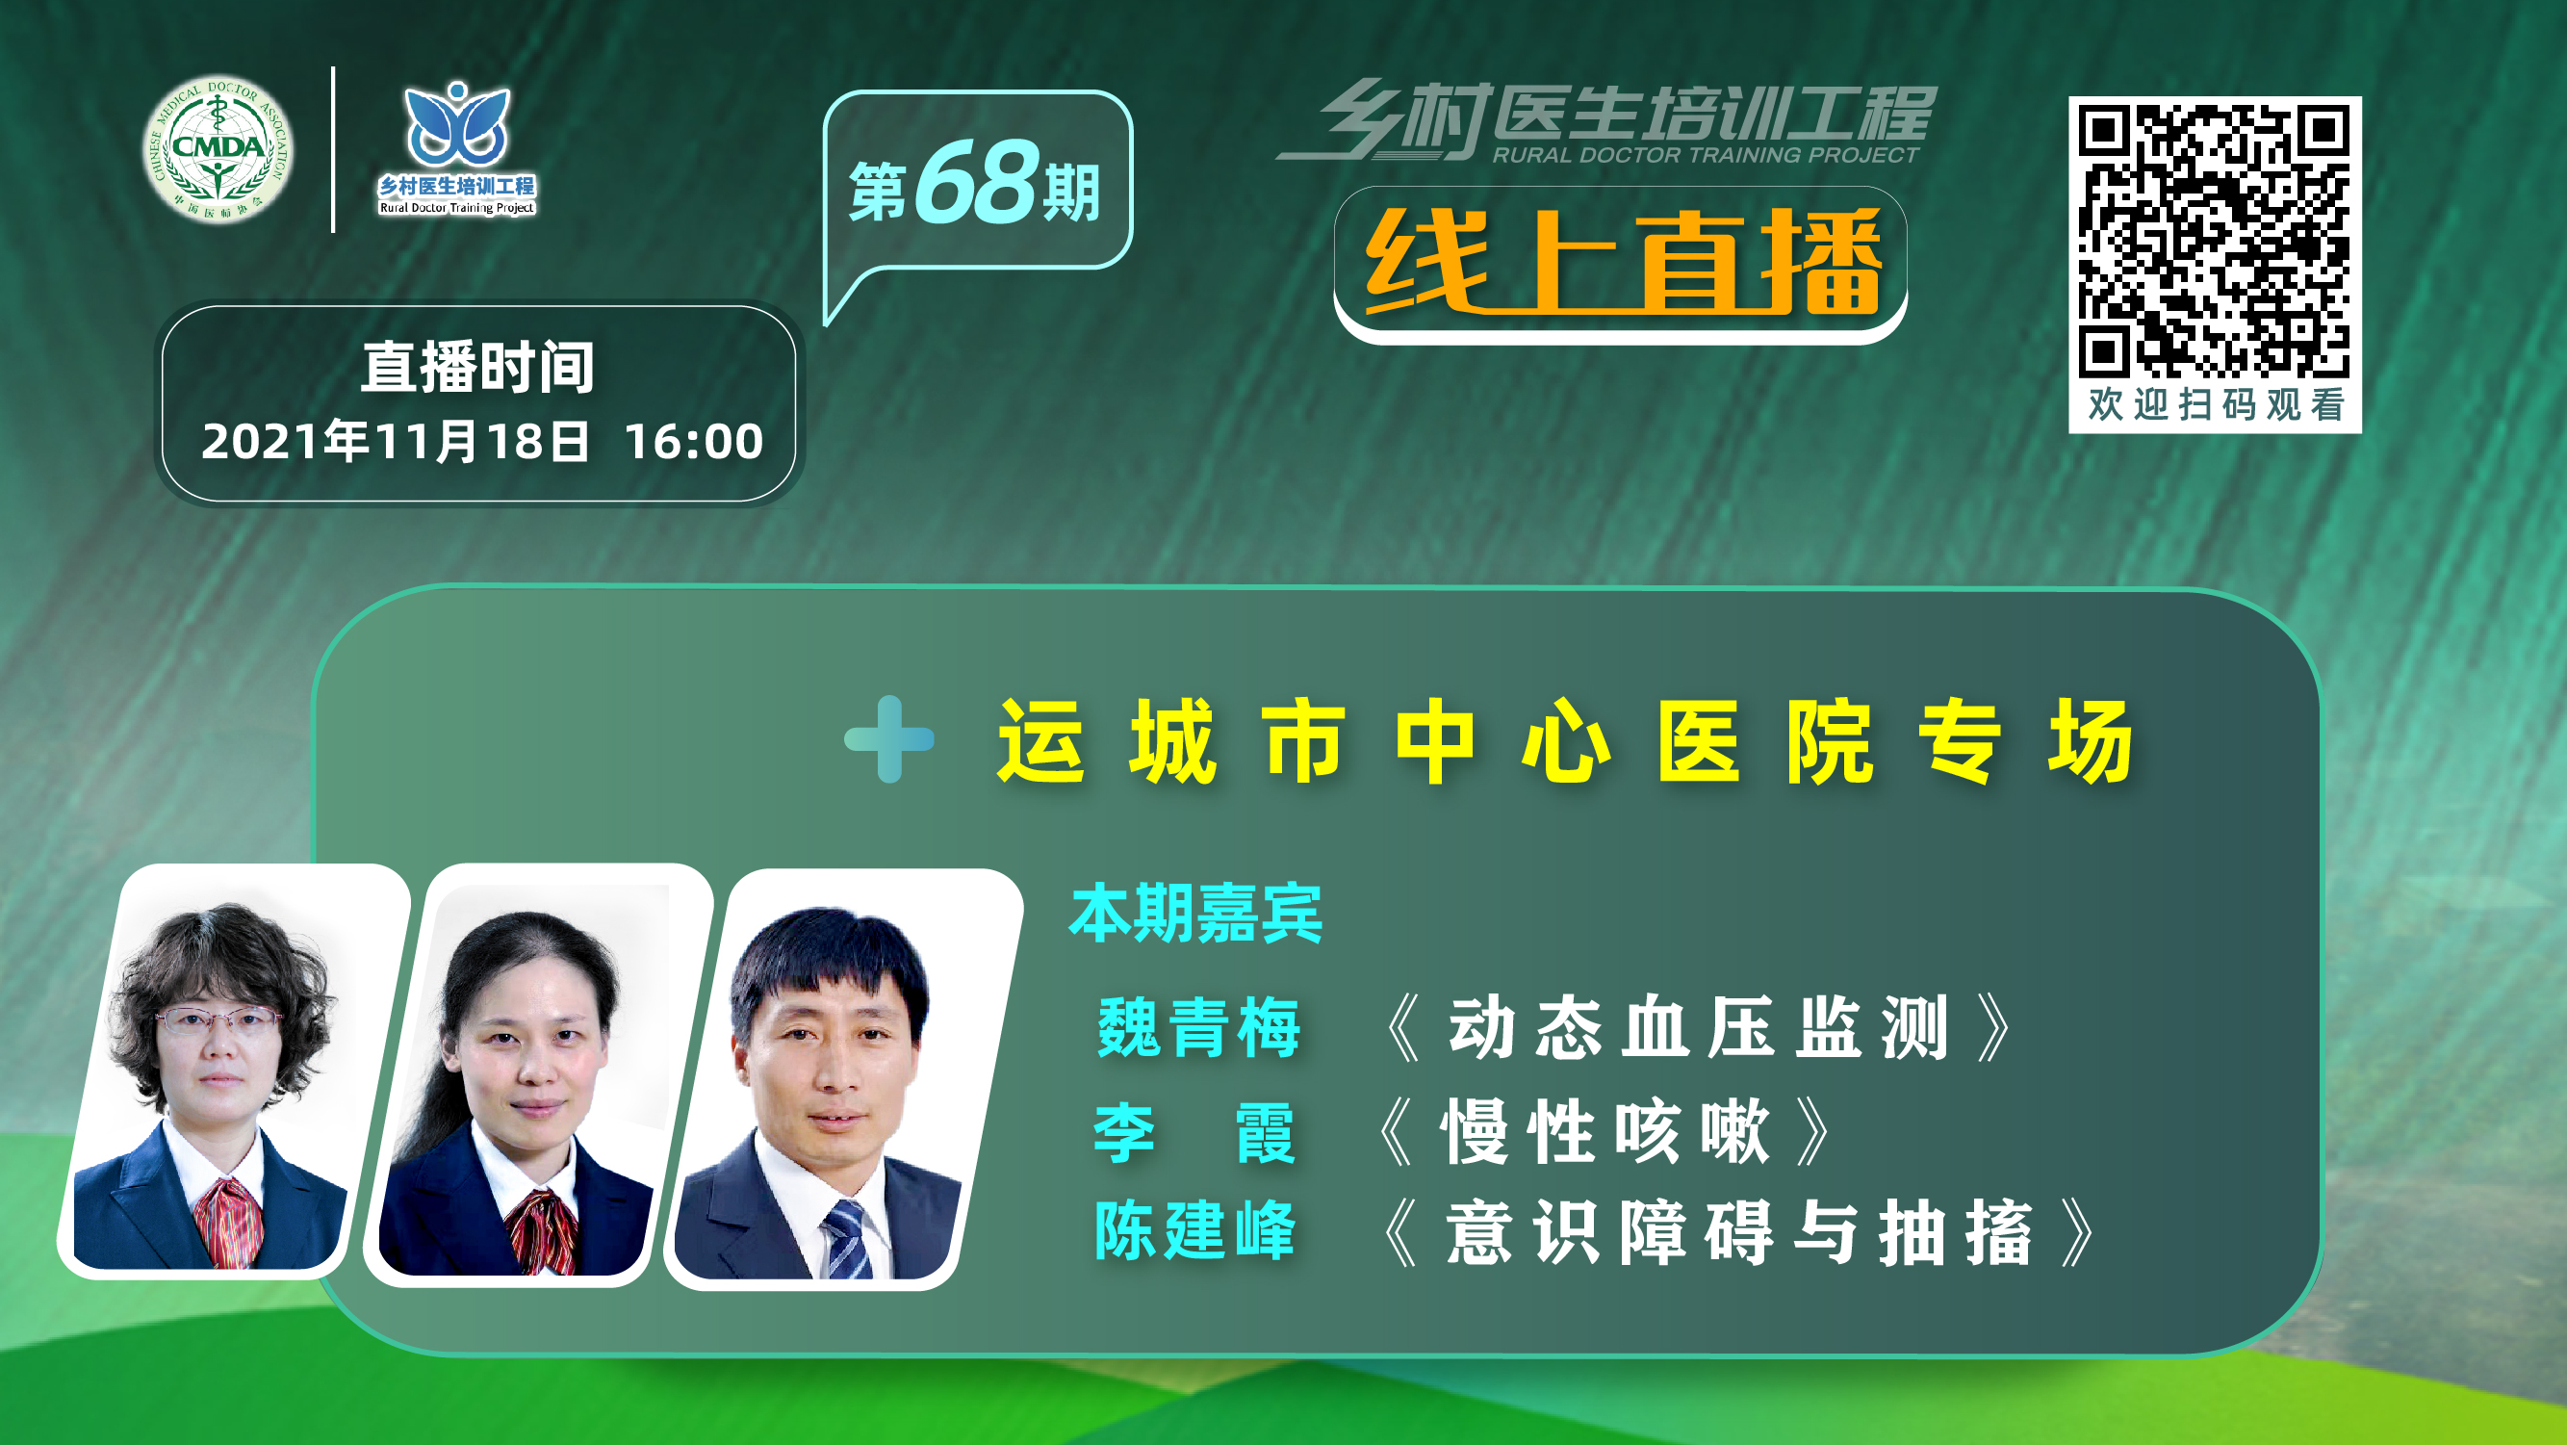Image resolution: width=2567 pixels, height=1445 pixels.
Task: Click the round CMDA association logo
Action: [218, 148]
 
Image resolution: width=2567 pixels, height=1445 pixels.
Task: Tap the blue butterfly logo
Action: [456, 123]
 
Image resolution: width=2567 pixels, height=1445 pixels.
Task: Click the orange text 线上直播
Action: [1623, 261]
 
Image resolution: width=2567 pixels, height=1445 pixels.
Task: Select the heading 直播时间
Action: [477, 367]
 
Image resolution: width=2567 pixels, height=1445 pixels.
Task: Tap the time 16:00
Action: [694, 441]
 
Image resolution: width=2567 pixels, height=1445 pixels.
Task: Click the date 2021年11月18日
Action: [396, 441]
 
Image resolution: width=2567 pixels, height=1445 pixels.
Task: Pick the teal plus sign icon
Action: [889, 738]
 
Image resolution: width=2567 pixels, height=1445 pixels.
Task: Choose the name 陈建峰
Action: [1194, 1229]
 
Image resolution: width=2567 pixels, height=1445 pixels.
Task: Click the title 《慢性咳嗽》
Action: [1604, 1131]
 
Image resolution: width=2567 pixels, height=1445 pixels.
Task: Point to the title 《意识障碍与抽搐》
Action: [1738, 1233]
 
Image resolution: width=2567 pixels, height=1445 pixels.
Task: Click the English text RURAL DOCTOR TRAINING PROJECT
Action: [1705, 154]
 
